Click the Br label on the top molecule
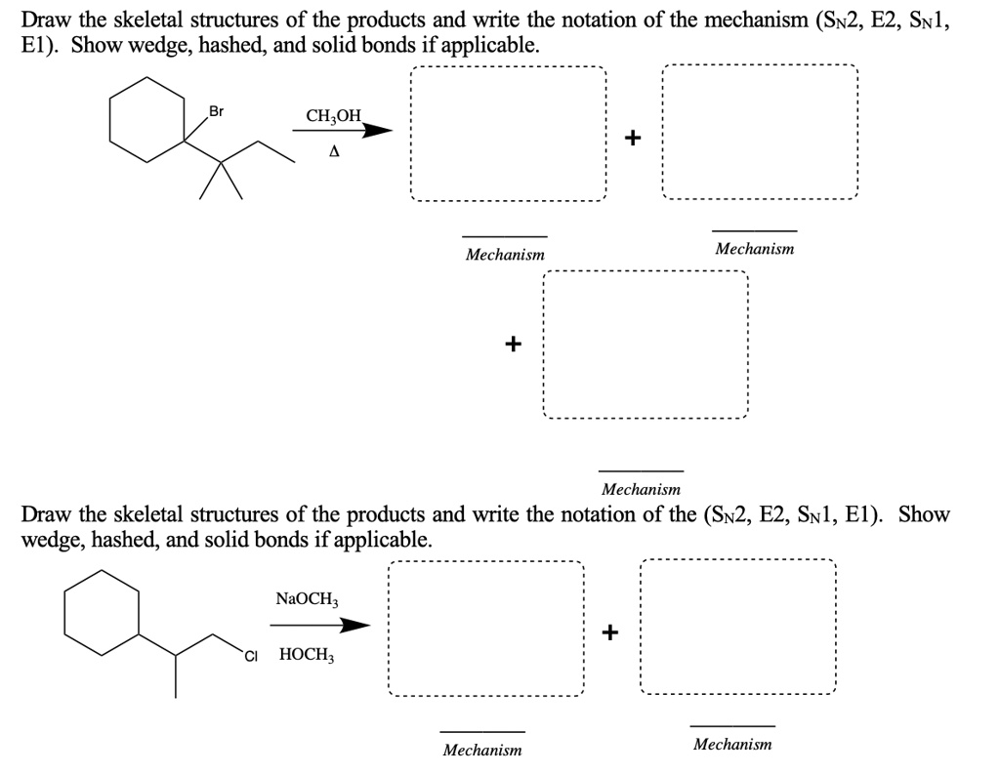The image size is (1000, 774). [x=217, y=111]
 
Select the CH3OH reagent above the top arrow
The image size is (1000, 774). [x=333, y=116]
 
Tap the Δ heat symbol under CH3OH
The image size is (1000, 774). [x=335, y=152]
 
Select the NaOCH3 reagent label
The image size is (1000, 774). [x=305, y=597]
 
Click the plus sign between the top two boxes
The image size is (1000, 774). [x=633, y=137]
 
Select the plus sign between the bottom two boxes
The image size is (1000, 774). [x=610, y=632]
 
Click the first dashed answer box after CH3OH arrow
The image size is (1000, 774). [x=508, y=134]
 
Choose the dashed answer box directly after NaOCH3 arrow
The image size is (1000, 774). [x=485, y=630]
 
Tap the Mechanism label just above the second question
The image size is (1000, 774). [x=641, y=489]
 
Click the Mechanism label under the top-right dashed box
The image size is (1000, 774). [x=754, y=249]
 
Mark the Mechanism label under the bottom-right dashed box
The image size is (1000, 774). [x=732, y=744]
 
